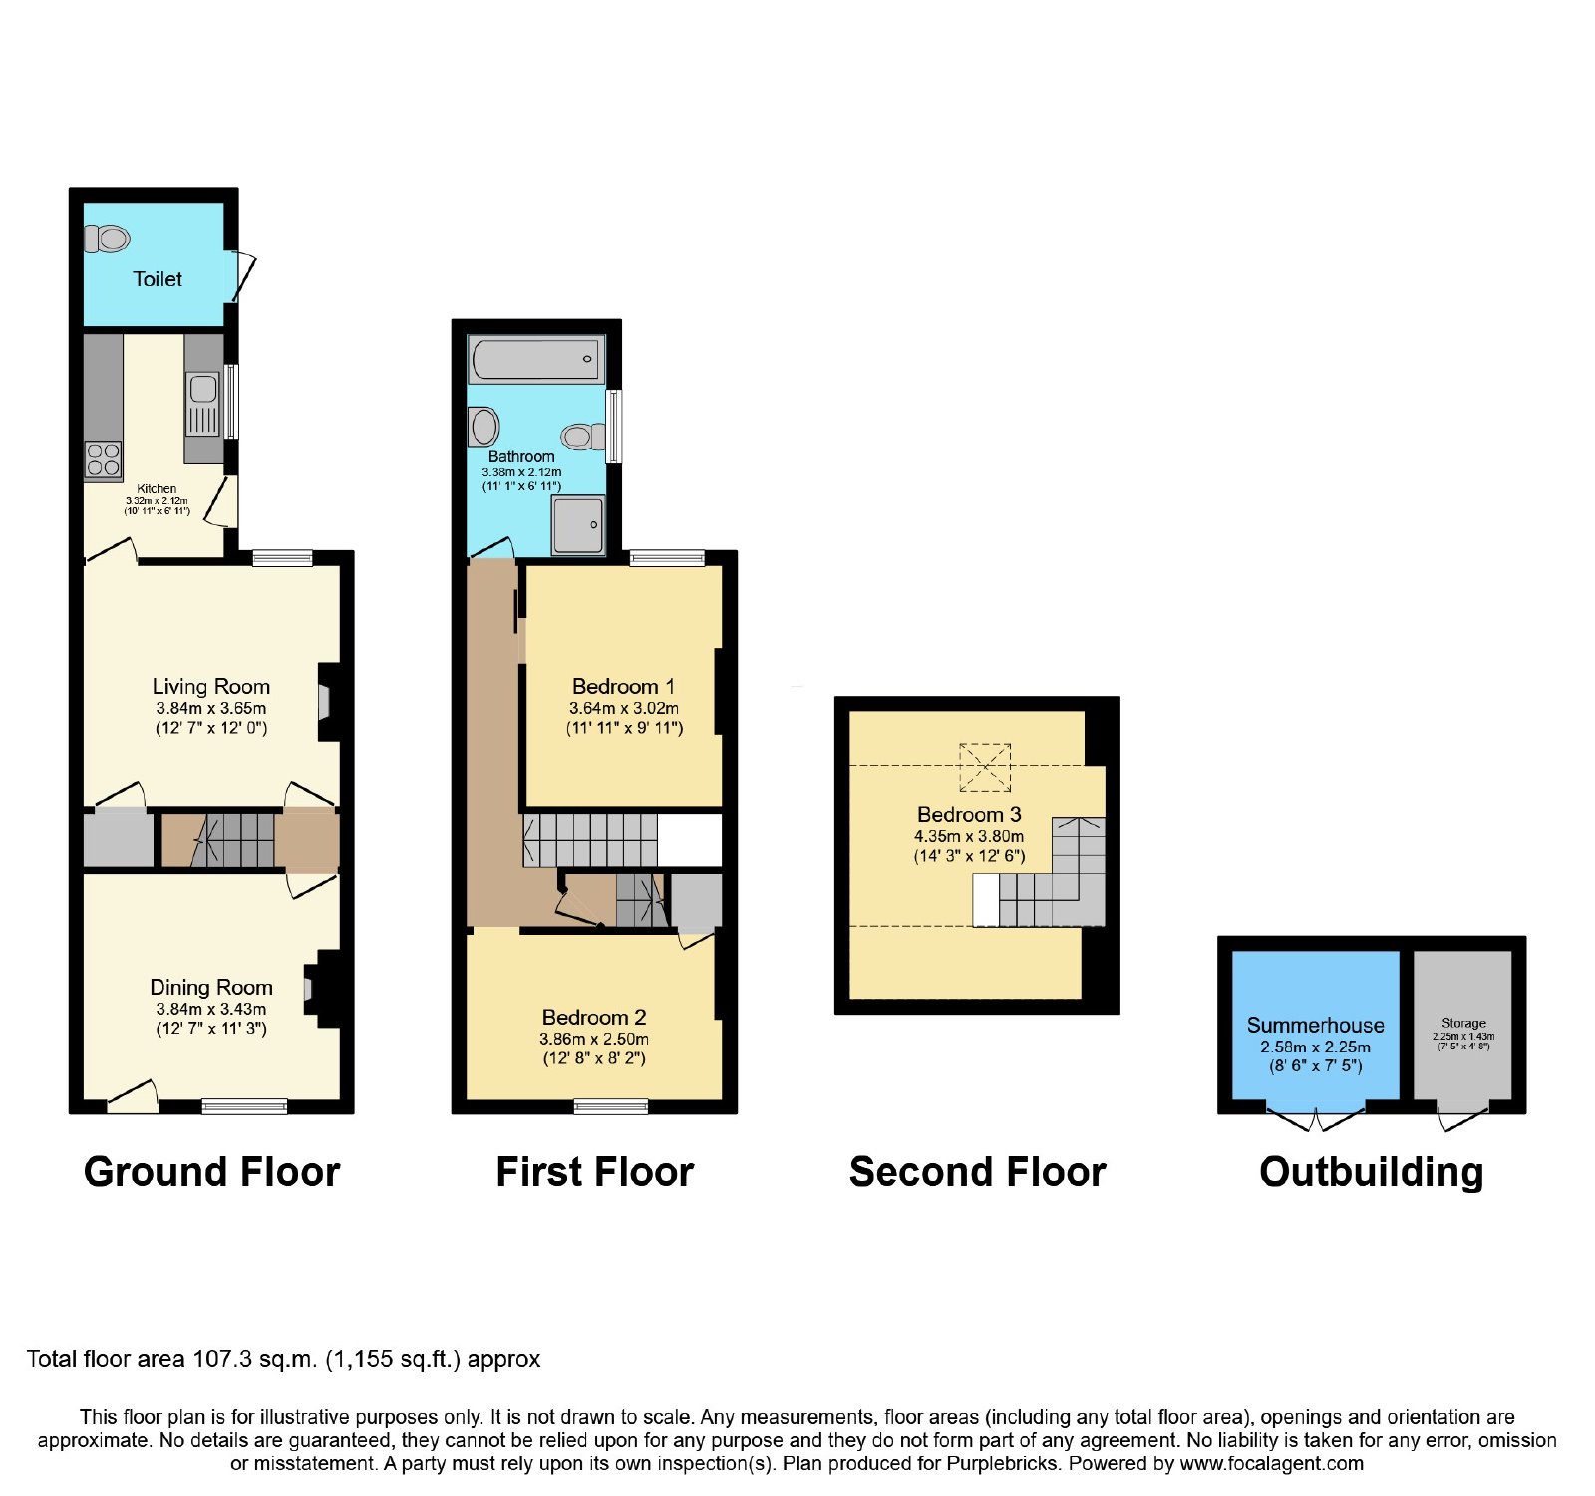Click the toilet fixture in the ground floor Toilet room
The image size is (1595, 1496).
(108, 239)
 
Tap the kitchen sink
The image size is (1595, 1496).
(202, 404)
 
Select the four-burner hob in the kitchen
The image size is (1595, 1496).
(104, 459)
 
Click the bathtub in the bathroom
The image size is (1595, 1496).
(537, 359)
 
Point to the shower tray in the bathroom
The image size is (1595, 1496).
(578, 525)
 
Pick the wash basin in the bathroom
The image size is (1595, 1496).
(484, 426)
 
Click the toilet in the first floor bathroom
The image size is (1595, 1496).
(583, 437)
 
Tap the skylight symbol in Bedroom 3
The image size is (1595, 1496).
(985, 767)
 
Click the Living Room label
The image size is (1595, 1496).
(211, 686)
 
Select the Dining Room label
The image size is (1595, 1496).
(211, 987)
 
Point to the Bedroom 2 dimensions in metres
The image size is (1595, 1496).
(594, 1039)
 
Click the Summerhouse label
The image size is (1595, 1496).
(1315, 1025)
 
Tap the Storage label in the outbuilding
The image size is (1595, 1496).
(1463, 1023)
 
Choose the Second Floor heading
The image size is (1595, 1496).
(977, 1172)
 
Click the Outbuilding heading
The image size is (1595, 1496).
(1372, 1173)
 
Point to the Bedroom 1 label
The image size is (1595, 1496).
(623, 686)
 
